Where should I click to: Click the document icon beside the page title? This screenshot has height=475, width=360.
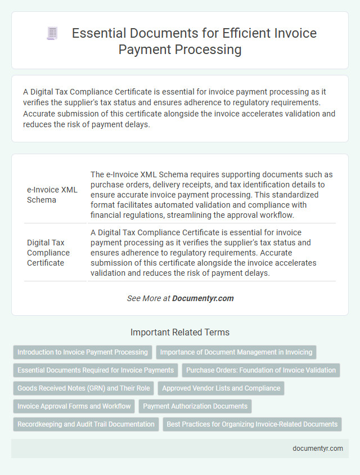[x=52, y=33]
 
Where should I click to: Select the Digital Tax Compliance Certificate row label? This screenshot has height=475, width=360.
[x=48, y=253]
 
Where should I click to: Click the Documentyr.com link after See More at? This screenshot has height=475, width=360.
[x=203, y=298]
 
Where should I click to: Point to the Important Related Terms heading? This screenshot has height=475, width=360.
[x=179, y=332]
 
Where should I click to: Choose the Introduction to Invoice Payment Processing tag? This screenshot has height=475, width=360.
[x=82, y=352]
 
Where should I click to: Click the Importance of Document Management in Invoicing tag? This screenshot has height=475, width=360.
[x=236, y=352]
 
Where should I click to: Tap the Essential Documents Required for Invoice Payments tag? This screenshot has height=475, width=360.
[x=96, y=370]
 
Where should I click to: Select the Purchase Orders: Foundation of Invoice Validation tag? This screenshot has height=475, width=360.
[x=261, y=370]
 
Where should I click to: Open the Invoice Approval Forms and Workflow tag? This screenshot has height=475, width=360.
[x=74, y=406]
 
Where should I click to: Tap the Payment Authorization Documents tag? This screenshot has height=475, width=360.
[x=195, y=406]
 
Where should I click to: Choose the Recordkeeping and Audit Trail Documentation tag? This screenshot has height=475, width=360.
[x=86, y=424]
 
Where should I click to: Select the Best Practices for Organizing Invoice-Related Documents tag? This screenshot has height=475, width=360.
[x=252, y=424]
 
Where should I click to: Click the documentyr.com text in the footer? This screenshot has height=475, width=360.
[x=317, y=449]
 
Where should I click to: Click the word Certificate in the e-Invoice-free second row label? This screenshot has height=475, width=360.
[x=46, y=263]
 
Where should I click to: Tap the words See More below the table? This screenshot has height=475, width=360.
[x=145, y=298]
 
